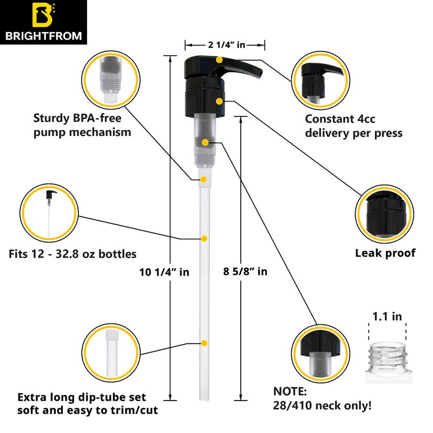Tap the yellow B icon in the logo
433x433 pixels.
tap(42, 16)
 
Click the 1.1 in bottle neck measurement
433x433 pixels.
tap(387, 317)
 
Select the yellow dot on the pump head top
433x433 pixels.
tap(219, 59)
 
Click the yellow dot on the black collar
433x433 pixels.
tap(219, 101)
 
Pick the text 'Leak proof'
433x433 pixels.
tap(385, 253)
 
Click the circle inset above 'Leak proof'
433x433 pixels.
tap(385, 213)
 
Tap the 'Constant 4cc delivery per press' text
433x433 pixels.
tap(353, 126)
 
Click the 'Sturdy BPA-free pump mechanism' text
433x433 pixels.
tap(82, 124)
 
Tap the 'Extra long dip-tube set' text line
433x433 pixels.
tap(82, 397)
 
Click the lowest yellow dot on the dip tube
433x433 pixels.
tap(204, 343)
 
